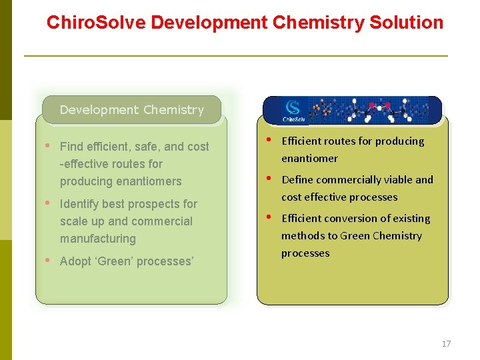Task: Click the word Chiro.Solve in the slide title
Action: [x=96, y=23]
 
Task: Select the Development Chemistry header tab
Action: [x=131, y=110]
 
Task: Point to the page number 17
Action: [x=446, y=344]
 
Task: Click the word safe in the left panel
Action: [x=150, y=147]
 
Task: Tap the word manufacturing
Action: [x=97, y=239]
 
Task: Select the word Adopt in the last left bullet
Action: [x=75, y=261]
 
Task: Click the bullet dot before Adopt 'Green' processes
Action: [x=48, y=261]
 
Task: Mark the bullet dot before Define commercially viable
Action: [x=268, y=179]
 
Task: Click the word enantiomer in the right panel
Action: [x=309, y=159]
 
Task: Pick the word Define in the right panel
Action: [x=298, y=180]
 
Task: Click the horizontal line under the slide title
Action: [x=236, y=56]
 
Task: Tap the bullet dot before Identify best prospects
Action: [x=48, y=203]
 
